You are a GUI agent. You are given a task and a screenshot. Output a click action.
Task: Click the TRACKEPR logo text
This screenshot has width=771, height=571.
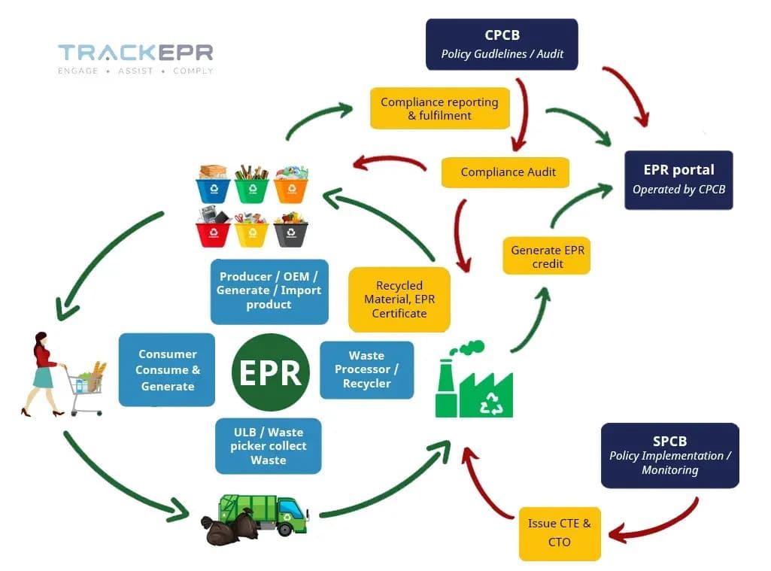point(135,53)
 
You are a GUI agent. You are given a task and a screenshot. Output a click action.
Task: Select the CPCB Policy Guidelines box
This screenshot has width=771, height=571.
point(502,44)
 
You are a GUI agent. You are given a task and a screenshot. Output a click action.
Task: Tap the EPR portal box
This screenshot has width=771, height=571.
point(678,179)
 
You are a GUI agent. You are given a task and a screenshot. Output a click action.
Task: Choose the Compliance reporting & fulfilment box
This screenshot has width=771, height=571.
point(439,108)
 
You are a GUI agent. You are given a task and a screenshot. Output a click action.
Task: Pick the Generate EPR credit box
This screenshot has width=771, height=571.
point(546,257)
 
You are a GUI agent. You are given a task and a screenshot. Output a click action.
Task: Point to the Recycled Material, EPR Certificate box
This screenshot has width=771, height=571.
point(399,299)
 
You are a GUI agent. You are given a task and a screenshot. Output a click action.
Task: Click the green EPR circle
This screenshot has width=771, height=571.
point(270,372)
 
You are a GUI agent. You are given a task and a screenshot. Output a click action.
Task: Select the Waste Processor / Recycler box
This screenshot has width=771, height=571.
point(366,369)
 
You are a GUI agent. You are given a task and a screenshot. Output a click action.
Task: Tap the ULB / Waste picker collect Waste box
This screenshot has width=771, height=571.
point(269,446)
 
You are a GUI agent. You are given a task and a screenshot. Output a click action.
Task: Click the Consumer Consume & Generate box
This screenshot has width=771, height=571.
point(167,370)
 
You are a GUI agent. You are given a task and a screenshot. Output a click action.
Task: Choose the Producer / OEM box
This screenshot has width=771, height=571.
point(269,290)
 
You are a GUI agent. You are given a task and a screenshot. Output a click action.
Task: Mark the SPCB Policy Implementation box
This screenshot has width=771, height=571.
point(669,455)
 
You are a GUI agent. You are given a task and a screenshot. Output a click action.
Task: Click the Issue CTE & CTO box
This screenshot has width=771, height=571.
point(560,533)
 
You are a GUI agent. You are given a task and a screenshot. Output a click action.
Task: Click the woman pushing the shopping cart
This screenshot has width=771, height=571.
point(44,375)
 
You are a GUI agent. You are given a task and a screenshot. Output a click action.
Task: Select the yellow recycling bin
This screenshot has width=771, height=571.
point(251,230)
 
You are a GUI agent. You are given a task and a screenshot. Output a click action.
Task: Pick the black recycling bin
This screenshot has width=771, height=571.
point(290,230)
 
